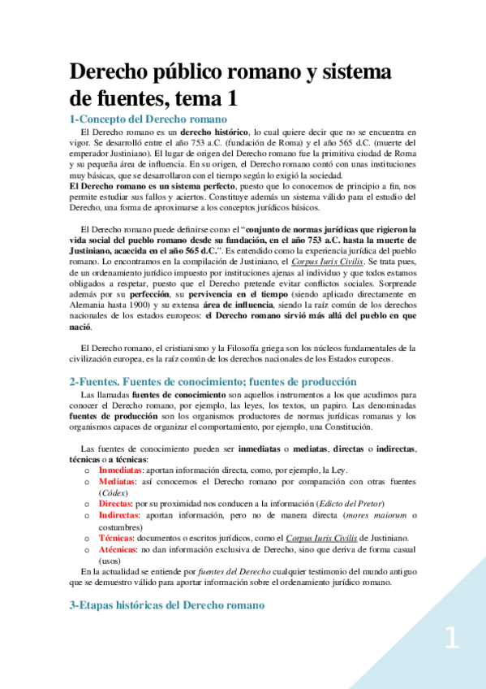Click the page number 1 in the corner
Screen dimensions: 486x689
point(451,639)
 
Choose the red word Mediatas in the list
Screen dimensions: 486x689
point(116,481)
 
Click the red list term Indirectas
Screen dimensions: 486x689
point(118,515)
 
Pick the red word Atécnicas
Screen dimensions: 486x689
point(118,549)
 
